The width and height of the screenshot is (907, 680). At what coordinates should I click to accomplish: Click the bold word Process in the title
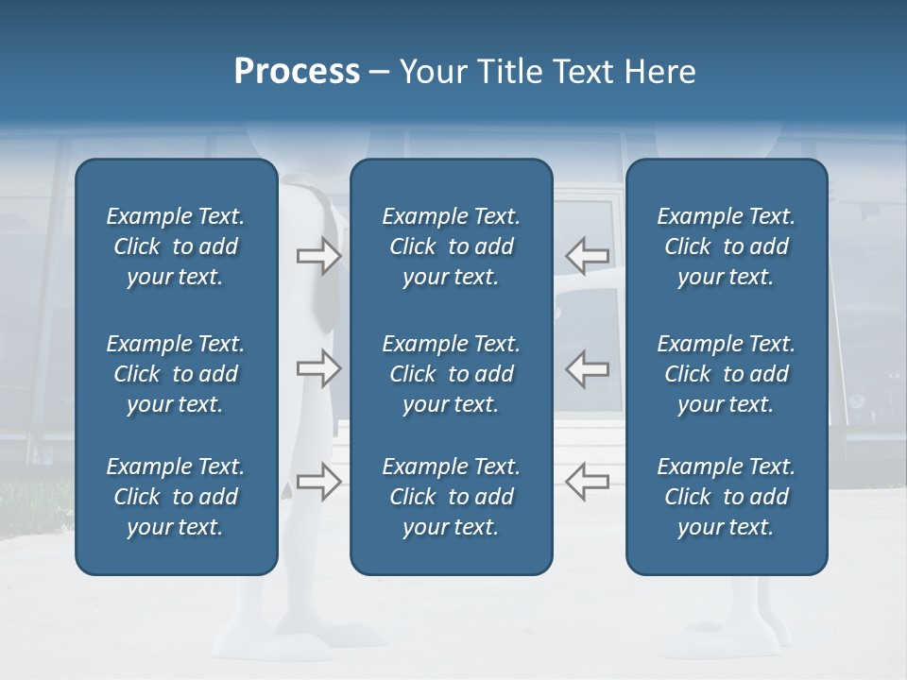click(x=297, y=72)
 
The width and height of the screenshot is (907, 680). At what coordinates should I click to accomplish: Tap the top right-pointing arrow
click(x=319, y=255)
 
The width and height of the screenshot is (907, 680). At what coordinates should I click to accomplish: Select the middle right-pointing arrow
click(x=319, y=368)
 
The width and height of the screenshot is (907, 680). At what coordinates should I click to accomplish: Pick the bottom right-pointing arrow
click(x=319, y=482)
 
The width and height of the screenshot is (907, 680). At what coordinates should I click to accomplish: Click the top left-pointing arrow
click(x=587, y=255)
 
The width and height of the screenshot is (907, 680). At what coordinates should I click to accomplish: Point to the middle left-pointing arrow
click(x=587, y=368)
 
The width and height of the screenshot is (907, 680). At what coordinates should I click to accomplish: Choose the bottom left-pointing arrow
click(x=587, y=482)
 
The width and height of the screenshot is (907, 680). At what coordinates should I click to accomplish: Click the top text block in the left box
click(x=176, y=246)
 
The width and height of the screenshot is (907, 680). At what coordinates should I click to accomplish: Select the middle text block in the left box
click(x=176, y=374)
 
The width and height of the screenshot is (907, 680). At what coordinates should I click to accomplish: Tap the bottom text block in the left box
click(x=176, y=497)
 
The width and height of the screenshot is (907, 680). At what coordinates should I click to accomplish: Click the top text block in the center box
click(x=451, y=246)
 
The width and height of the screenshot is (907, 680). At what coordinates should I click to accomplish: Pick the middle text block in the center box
click(x=451, y=374)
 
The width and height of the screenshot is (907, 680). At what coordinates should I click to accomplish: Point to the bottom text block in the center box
click(x=451, y=497)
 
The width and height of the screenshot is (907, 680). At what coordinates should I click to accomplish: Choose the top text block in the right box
click(x=726, y=246)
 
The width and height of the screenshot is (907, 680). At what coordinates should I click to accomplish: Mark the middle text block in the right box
click(x=726, y=374)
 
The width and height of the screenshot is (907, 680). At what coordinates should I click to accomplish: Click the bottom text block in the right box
click(x=726, y=497)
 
